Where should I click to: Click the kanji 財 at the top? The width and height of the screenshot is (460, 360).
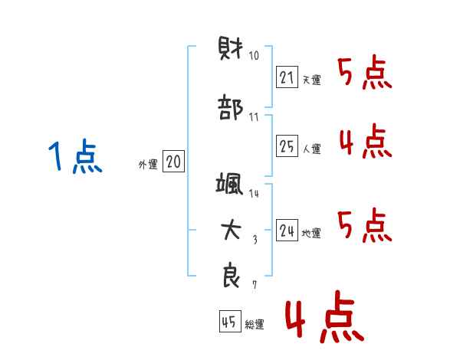click(231, 48)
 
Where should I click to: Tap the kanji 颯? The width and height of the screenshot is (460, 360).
click(229, 183)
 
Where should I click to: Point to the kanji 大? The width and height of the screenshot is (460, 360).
click(232, 230)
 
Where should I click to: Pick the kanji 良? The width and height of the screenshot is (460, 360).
click(232, 275)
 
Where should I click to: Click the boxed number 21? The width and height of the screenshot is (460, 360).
click(287, 77)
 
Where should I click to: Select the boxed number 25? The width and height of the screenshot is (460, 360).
click(287, 146)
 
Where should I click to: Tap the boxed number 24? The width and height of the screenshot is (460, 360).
click(287, 230)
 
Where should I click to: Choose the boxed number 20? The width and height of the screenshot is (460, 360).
click(173, 161)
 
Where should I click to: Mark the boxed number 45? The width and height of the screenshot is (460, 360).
click(230, 321)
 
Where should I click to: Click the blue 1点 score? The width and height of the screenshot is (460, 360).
click(75, 156)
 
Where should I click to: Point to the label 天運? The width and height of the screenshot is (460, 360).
click(311, 80)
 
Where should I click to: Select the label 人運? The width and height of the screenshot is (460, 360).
click(312, 149)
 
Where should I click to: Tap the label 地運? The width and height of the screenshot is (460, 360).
click(311, 233)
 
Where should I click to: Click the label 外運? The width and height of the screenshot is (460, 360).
click(148, 165)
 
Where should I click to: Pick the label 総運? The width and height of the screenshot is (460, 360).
click(255, 324)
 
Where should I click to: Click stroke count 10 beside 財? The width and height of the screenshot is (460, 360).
click(254, 55)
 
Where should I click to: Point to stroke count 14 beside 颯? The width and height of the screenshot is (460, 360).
click(254, 193)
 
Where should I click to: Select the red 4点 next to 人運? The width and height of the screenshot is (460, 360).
click(366, 141)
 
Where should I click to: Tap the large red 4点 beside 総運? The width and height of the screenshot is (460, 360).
click(325, 317)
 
